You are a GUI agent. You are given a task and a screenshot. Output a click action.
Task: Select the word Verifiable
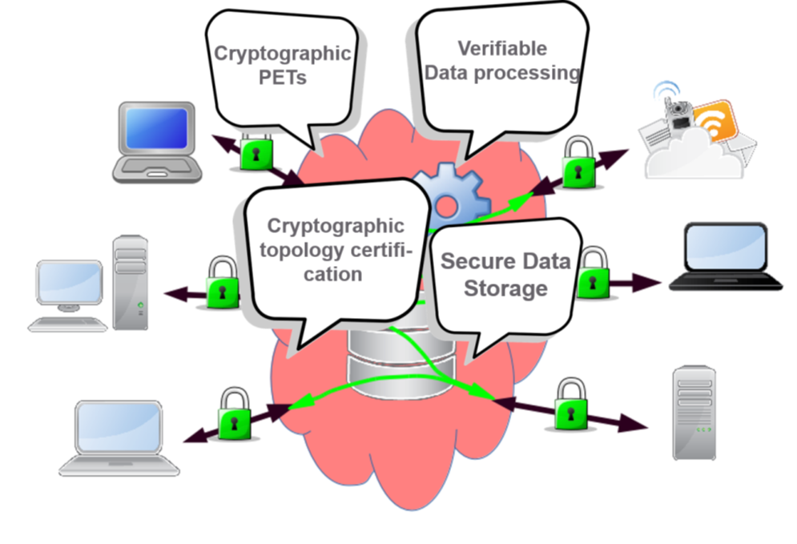click(x=502, y=48)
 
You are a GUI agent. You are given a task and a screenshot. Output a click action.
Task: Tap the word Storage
click(x=505, y=288)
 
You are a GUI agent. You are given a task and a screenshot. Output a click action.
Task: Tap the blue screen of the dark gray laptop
click(x=156, y=129)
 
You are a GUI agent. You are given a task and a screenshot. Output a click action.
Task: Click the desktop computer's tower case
click(x=130, y=282)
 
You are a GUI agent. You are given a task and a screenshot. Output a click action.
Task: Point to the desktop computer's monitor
click(x=70, y=282)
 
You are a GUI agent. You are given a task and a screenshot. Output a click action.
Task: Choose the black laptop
click(x=725, y=256)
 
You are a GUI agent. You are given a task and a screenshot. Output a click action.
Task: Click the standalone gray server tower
click(x=693, y=413)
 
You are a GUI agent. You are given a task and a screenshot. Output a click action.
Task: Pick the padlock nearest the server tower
click(x=570, y=406)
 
